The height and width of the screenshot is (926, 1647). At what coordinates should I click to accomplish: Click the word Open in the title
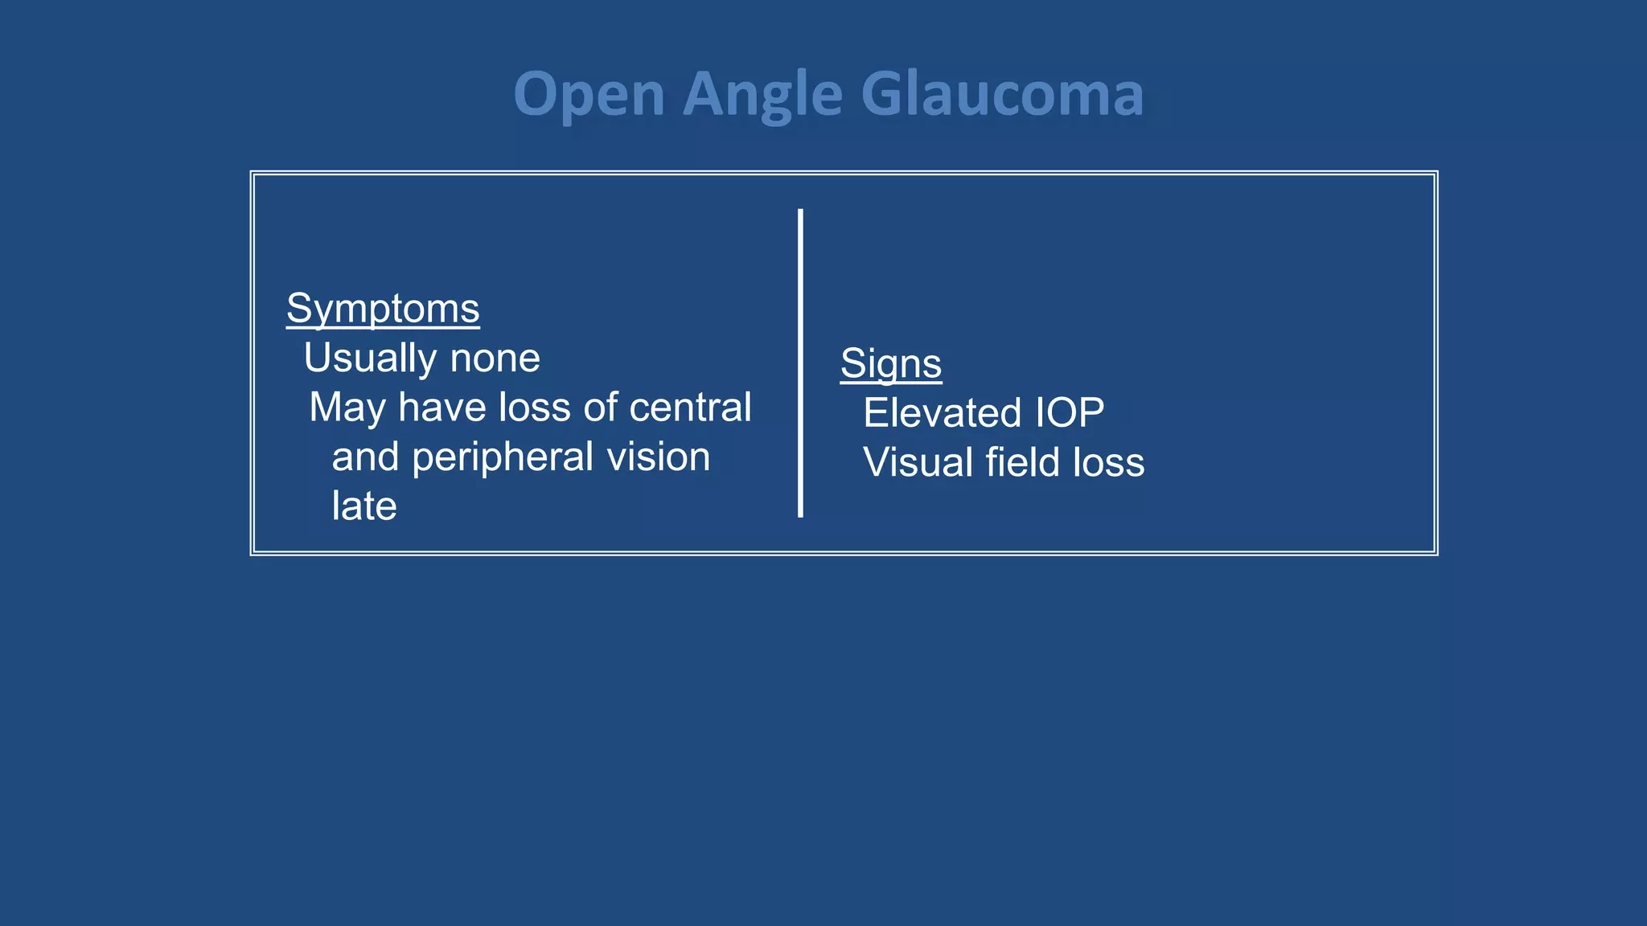(x=589, y=95)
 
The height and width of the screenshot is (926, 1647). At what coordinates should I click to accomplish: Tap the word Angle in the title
(x=762, y=95)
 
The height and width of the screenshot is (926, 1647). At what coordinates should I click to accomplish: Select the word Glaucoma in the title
(x=1002, y=95)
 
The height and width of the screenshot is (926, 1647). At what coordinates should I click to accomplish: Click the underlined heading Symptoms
(x=383, y=309)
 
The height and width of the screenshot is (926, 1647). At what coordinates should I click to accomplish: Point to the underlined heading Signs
(x=891, y=363)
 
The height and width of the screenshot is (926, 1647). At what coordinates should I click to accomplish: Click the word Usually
(x=371, y=359)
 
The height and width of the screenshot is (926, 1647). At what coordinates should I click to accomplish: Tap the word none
(x=495, y=359)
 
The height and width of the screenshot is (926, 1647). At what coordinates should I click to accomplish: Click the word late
(x=364, y=506)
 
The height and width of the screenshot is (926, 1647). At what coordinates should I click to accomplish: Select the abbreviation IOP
(x=1069, y=413)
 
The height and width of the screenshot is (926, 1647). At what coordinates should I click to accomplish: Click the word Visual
(x=918, y=463)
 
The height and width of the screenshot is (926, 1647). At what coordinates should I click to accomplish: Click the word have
(x=442, y=408)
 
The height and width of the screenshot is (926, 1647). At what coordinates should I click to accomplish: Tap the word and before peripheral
(x=365, y=457)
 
